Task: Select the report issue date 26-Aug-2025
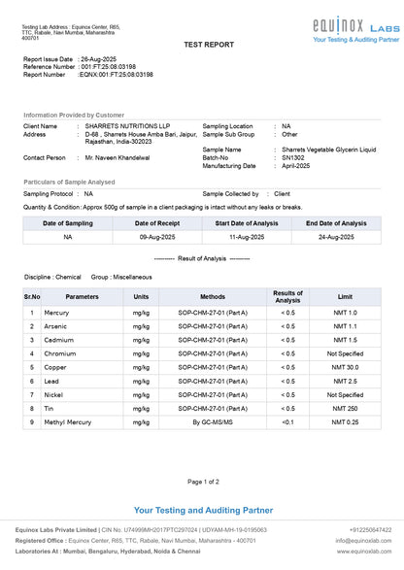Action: [101, 59]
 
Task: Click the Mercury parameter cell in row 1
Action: [56, 313]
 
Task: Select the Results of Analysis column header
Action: [287, 295]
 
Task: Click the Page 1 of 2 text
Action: [202, 482]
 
